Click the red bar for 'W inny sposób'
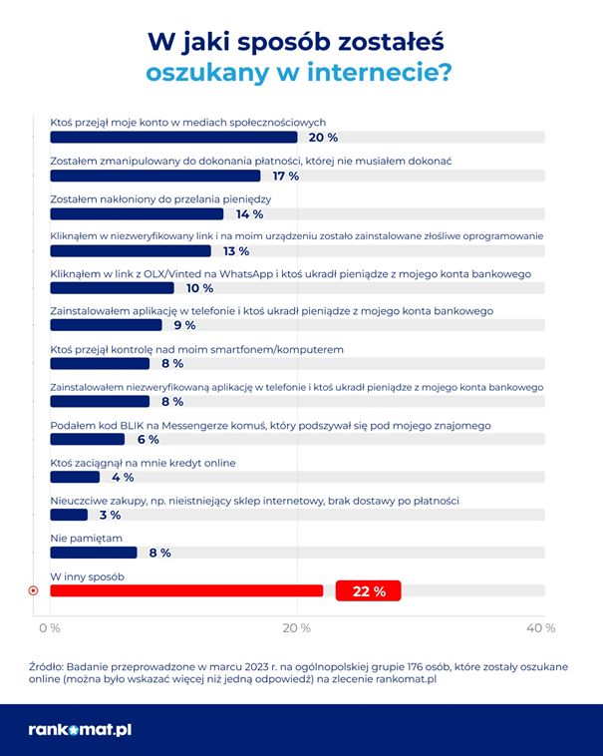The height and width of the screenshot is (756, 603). point(185,590)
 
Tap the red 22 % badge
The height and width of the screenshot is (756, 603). point(368,591)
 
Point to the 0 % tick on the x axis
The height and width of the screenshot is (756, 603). point(49,628)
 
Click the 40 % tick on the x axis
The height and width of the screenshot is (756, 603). point(540,628)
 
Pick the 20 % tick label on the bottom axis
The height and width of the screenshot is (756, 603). point(296,628)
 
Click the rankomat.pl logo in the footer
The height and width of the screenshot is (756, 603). point(80,729)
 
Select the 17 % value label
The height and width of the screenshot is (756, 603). point(285,176)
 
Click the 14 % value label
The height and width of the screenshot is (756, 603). point(249,213)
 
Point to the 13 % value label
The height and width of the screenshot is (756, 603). point(236,251)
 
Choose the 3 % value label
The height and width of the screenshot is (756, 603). point(110,515)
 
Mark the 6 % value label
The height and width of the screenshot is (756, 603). point(147,440)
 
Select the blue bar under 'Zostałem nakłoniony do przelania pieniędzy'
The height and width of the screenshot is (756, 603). point(137,213)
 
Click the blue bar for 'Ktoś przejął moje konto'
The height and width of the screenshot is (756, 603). point(173,138)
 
